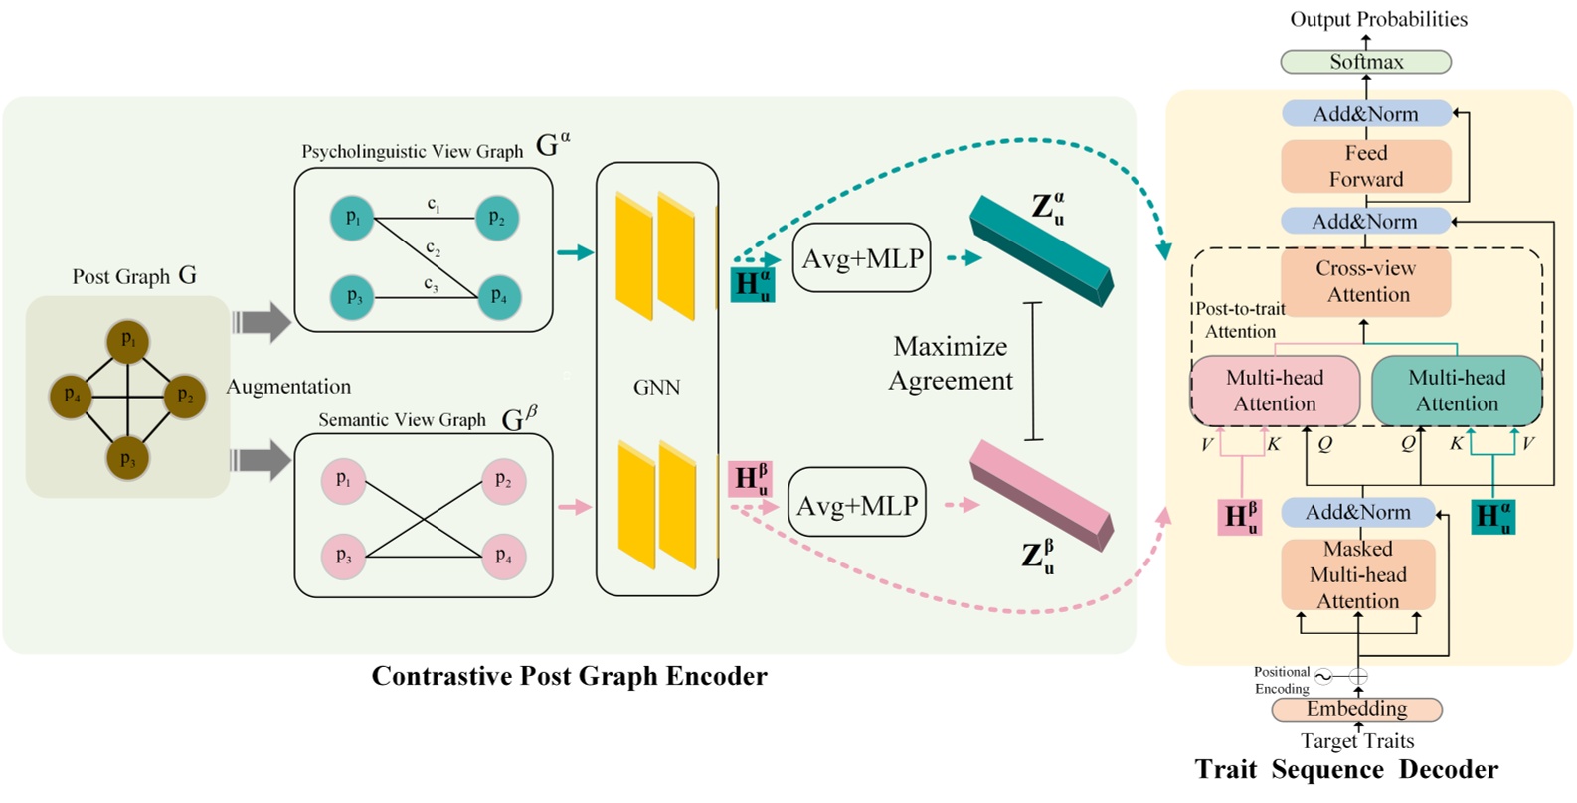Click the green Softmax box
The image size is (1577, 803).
pos(1365,62)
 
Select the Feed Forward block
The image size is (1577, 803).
pos(1365,166)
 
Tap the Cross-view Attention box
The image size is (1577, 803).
pos(1365,281)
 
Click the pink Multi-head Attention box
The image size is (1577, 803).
pos(1275,391)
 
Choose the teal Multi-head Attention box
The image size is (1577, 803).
pos(1457,391)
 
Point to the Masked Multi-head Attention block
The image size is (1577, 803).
pos(1357,575)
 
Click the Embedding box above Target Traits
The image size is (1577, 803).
pos(1356,709)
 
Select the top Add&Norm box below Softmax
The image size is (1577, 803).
pos(1365,114)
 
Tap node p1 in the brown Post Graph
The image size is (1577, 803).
pos(128,341)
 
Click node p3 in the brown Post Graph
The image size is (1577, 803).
pos(127,458)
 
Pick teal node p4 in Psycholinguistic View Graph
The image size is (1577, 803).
pos(498,297)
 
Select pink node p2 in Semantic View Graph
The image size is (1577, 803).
pos(503,481)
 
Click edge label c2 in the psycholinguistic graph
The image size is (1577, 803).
pos(433,247)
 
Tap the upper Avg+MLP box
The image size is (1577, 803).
pos(862,258)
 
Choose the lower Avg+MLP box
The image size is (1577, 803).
pos(856,505)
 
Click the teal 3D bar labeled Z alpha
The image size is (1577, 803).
pos(1040,251)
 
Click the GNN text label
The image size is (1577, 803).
pos(656,388)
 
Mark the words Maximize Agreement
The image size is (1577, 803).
pos(950,364)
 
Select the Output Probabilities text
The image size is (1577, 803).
pos(1378,19)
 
